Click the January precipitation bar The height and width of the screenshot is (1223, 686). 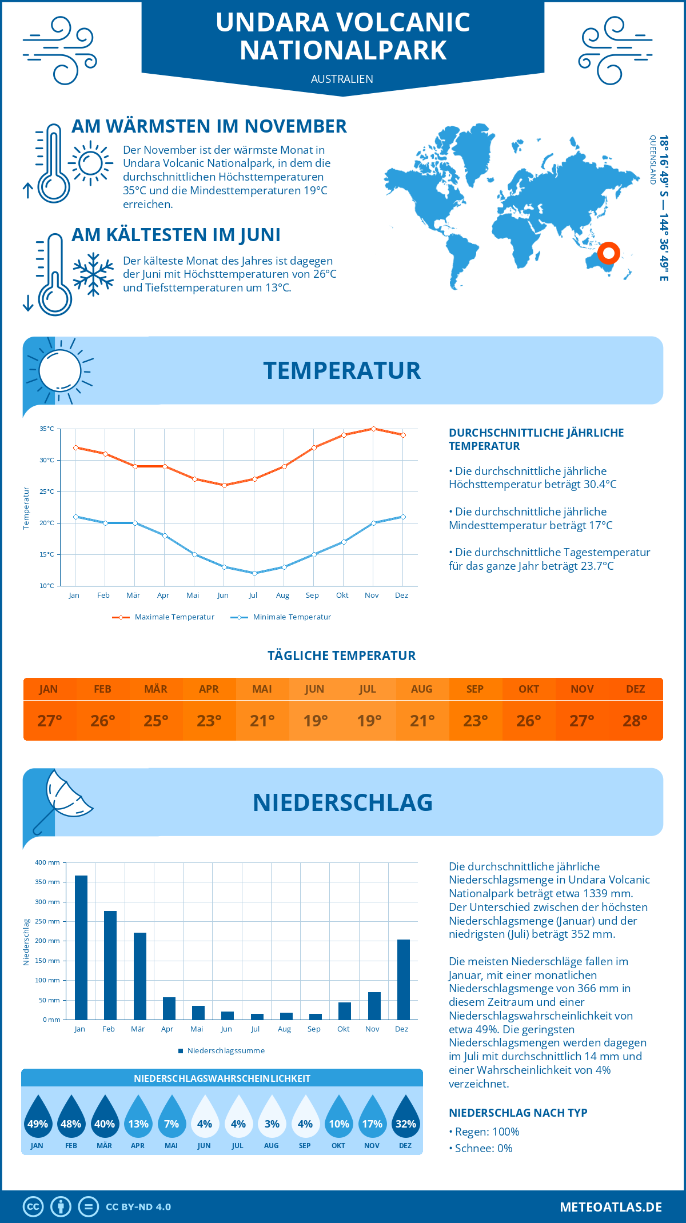point(81,947)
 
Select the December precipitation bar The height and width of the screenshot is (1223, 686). point(404,979)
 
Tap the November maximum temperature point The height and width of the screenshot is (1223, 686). point(373,429)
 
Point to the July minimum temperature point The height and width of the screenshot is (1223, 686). point(254,573)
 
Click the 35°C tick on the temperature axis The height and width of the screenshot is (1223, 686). point(47,429)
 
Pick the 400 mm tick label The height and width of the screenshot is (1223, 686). point(47,862)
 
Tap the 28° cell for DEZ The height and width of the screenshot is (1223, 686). point(635,721)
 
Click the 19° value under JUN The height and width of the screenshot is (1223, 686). point(316,721)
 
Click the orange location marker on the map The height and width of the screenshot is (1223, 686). point(609,253)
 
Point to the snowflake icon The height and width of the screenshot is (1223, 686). point(93,274)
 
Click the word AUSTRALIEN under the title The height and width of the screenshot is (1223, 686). point(342,79)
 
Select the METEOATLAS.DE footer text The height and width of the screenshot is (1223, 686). point(611,1207)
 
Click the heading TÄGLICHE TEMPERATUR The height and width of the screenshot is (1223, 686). point(342,656)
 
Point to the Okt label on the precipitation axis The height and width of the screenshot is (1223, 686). point(343,1029)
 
